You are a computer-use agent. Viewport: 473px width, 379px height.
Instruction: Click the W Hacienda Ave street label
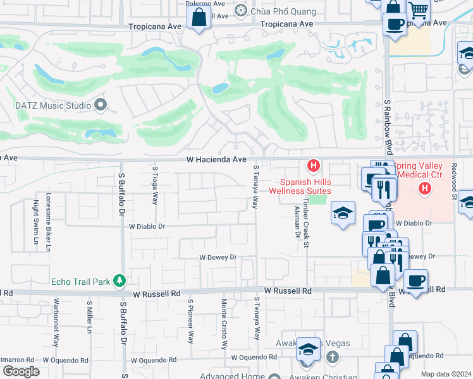pyautogui.click(x=216, y=160)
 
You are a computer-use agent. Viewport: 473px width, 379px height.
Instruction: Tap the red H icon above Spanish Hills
pyautogui.click(x=312, y=166)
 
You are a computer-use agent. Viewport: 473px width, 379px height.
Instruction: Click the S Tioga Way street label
pyautogui.click(x=154, y=186)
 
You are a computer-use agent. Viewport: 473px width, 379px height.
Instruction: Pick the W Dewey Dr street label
pyautogui.click(x=218, y=257)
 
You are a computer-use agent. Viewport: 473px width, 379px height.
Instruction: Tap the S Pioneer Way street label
pyautogui.click(x=190, y=322)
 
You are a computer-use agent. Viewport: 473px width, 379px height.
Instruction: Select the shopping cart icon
pyautogui.click(x=418, y=9)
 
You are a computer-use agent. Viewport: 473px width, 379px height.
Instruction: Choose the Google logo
pyautogui.click(x=21, y=371)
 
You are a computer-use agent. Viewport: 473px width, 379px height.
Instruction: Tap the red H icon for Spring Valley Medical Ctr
pyautogui.click(x=425, y=188)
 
